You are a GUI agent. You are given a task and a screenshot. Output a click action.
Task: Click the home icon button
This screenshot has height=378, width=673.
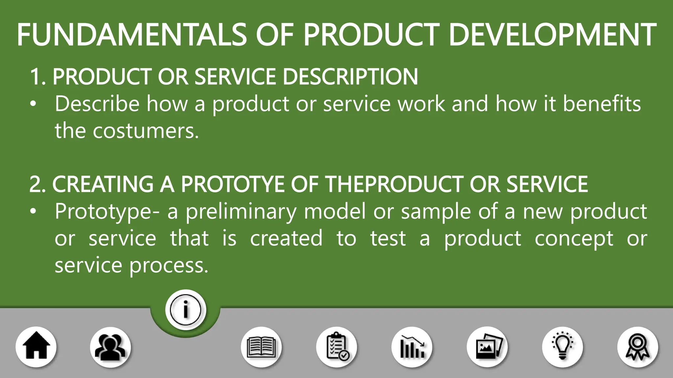36,347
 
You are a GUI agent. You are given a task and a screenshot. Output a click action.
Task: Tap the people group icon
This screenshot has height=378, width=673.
110,347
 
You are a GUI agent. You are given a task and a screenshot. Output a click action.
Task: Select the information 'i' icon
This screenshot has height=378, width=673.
186,310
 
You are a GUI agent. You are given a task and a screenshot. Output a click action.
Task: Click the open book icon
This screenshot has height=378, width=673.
261,347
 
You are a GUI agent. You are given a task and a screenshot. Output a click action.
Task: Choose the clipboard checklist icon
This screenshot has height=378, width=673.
337,347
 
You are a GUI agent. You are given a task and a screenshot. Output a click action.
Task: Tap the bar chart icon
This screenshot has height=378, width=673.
412,347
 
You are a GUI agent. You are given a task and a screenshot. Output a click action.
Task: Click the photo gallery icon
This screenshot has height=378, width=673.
487,347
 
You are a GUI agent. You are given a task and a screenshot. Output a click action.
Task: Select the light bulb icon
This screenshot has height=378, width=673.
563,347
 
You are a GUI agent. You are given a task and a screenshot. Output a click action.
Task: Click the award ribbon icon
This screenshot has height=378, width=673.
638,347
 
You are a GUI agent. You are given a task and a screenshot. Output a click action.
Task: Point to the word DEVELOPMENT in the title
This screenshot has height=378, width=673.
552,35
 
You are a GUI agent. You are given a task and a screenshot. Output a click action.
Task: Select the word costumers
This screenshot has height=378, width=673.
146,131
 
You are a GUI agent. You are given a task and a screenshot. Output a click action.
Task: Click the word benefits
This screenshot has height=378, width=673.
602,104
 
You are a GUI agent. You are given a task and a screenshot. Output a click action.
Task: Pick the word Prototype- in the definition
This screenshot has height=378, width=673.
107,212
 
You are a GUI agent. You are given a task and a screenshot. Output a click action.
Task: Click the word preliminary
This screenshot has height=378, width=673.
241,212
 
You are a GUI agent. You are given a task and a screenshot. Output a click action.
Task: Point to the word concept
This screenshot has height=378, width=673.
574,239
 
